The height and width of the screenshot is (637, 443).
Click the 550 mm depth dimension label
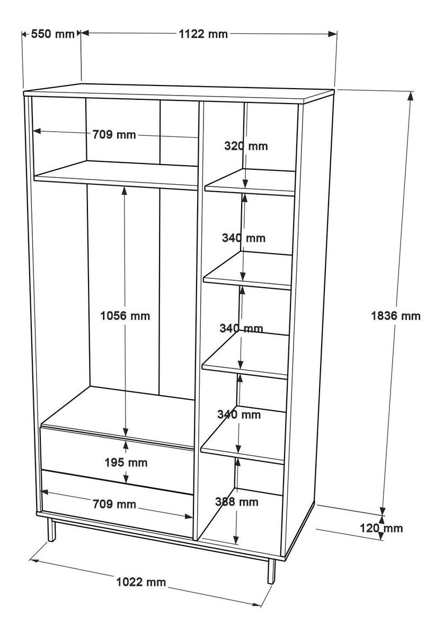pos(52,34)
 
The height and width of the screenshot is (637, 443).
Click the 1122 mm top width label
pos(203,34)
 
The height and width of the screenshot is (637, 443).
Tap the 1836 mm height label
pos(396,316)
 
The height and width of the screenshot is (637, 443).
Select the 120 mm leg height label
pos(381,528)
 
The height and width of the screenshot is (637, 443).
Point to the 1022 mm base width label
pos(141,582)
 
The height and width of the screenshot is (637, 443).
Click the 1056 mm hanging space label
pos(125,316)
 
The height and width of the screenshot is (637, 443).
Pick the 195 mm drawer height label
pos(126,463)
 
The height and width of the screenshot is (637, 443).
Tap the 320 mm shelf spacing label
pos(246,146)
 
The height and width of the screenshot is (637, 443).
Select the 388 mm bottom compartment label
pos(237,502)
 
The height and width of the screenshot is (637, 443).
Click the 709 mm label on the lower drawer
pos(114,504)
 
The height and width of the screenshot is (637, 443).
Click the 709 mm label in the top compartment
pos(114,134)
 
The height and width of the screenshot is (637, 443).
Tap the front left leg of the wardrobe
pos(51,530)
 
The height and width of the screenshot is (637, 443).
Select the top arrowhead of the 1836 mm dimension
pos(410,96)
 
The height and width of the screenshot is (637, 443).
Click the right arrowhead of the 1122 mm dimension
pos(332,34)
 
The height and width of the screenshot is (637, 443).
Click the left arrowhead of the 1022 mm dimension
pos(34,560)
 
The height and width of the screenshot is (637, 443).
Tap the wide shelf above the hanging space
pos(116,175)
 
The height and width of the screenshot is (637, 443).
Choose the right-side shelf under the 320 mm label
pos(250,182)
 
